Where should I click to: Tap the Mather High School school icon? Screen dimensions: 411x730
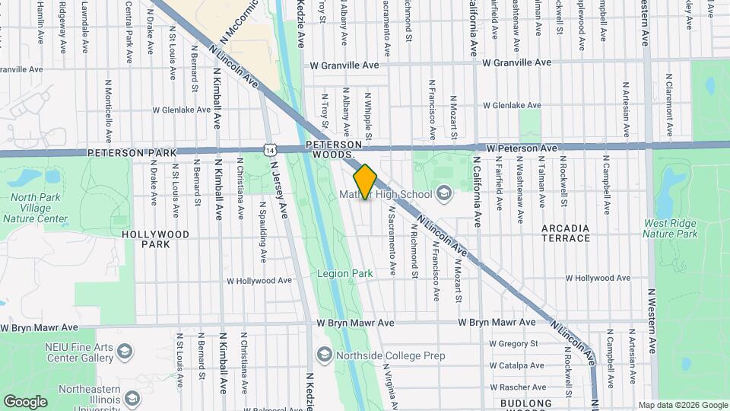443,193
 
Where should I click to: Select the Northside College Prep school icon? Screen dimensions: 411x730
325,355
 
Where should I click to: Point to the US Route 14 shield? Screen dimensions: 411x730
270,149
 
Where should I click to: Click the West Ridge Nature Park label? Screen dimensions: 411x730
670,228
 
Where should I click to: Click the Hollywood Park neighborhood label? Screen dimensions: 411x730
156,239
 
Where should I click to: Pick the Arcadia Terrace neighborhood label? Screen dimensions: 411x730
566,233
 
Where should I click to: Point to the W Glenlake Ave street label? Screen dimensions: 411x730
181,110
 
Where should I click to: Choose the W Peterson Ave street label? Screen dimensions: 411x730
522,148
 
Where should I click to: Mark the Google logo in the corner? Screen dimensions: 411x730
25,401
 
